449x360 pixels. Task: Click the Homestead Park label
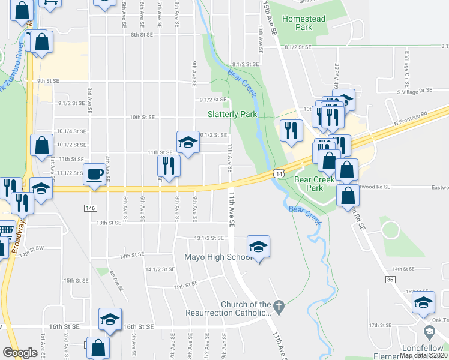click(303, 23)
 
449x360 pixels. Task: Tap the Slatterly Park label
click(232, 114)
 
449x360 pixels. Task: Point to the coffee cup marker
click(94, 175)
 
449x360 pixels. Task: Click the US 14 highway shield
click(279, 173)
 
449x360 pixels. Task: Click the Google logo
click(20, 353)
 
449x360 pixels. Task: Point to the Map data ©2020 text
click(423, 355)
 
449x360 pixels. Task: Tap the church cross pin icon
click(277, 305)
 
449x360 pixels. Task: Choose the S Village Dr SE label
click(414, 91)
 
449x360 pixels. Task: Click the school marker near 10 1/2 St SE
click(188, 142)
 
